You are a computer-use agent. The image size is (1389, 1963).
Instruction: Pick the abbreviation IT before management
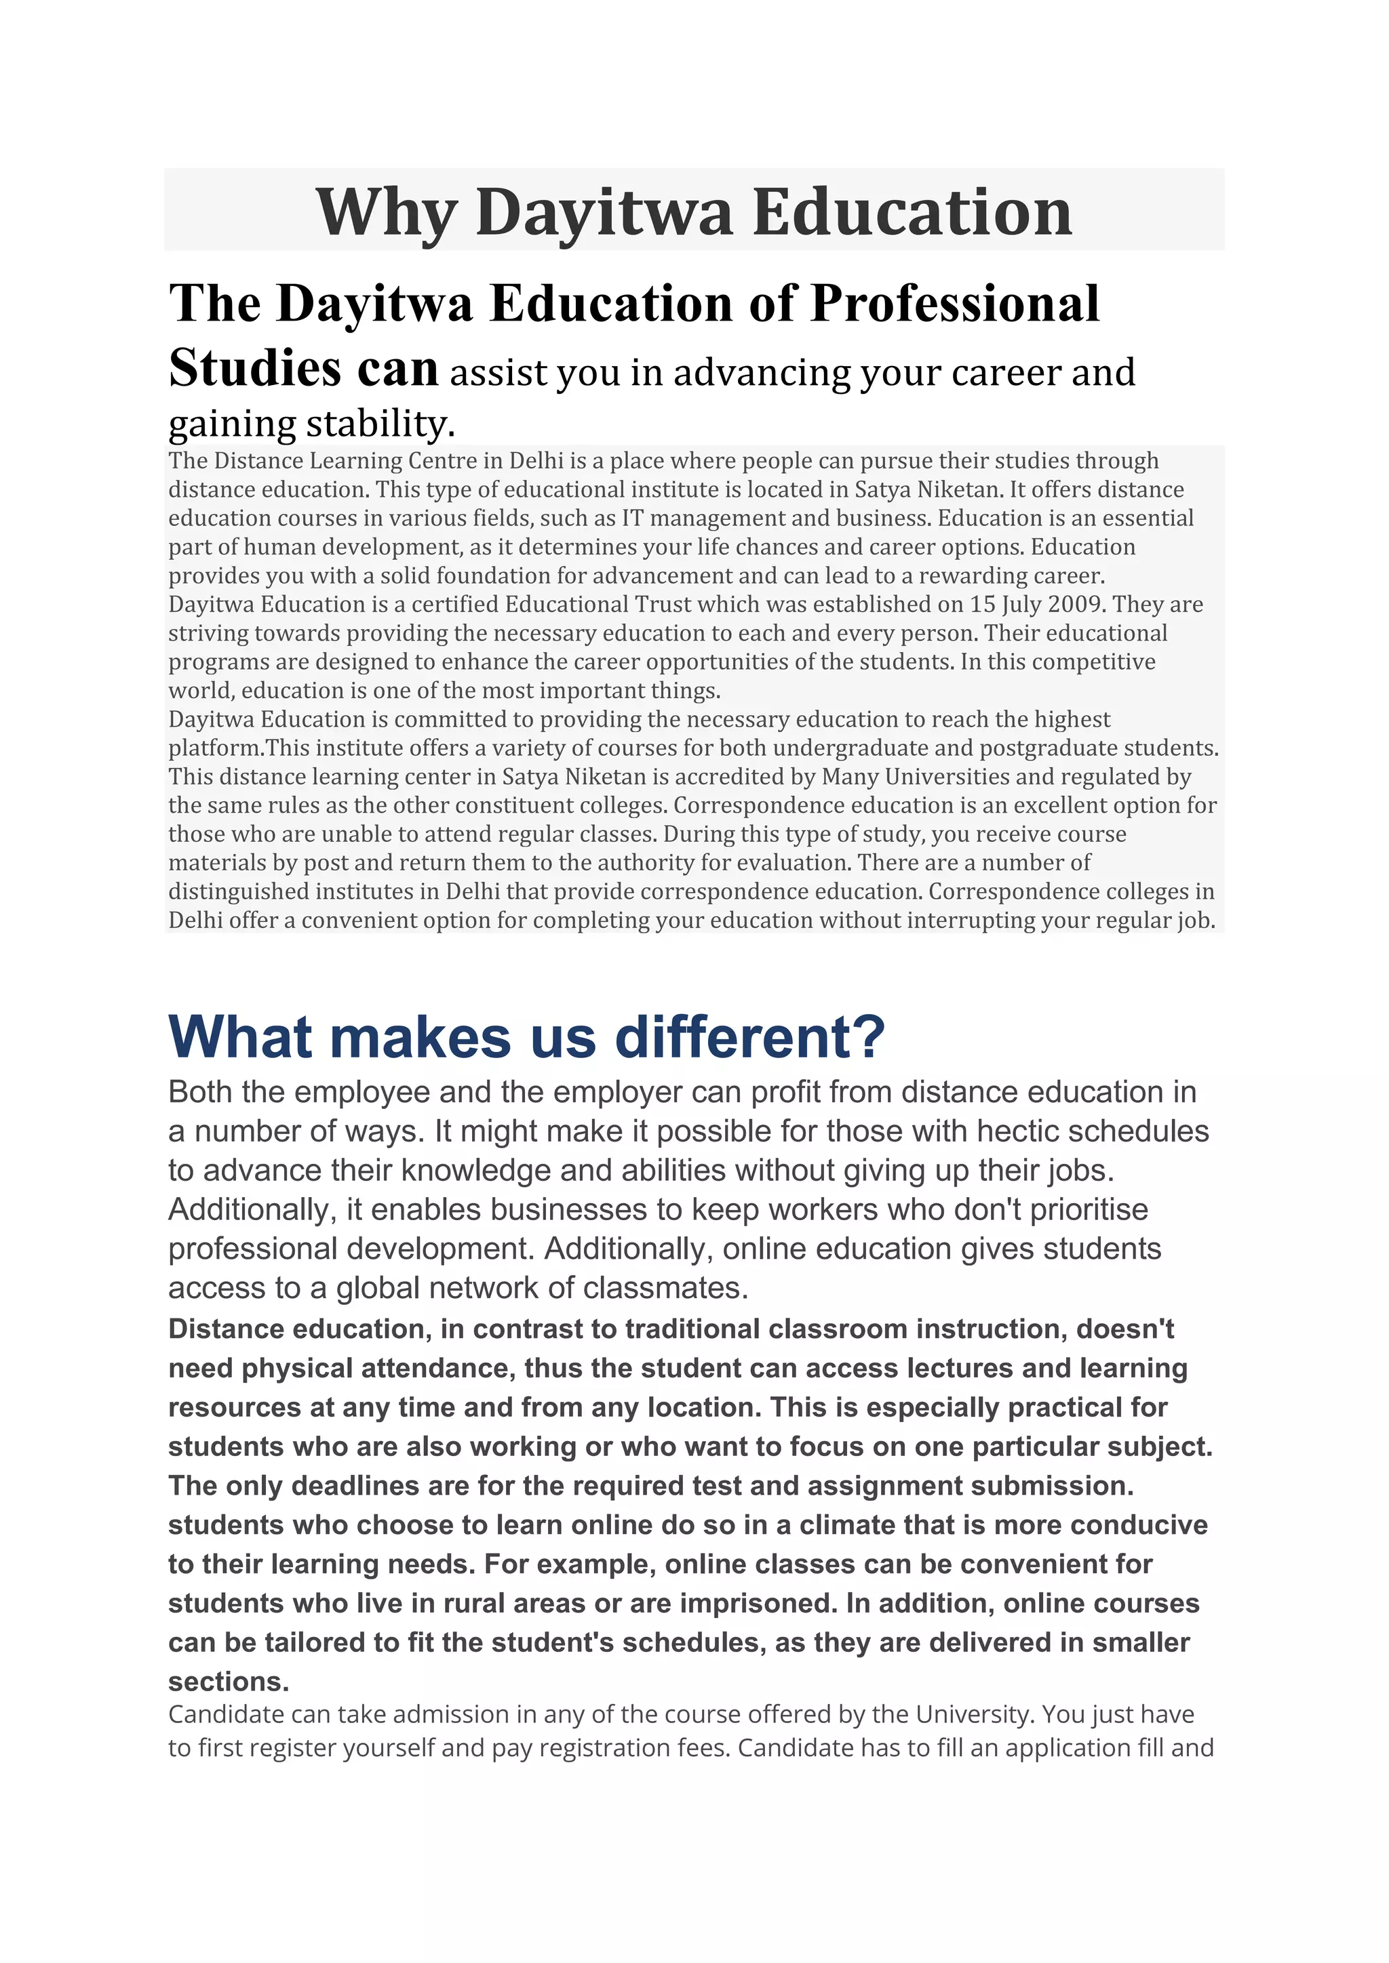point(632,518)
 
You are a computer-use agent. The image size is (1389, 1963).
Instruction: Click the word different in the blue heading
point(749,1037)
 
